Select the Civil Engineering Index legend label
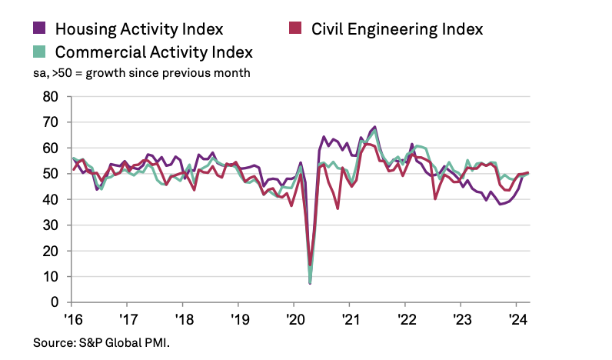pyautogui.click(x=397, y=29)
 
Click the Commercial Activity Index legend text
pyautogui.click(x=154, y=52)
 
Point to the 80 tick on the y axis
pyautogui.click(x=52, y=97)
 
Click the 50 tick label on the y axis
pyautogui.click(x=52, y=174)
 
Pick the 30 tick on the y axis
pyautogui.click(x=52, y=225)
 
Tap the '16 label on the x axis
pyautogui.click(x=72, y=318)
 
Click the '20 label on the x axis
pyautogui.click(x=294, y=318)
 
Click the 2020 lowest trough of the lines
pyautogui.click(x=310, y=283)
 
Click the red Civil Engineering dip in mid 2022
pyautogui.click(x=436, y=199)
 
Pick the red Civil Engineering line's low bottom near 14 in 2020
pyautogui.click(x=310, y=265)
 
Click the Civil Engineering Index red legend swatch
pyautogui.click(x=295, y=29)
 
